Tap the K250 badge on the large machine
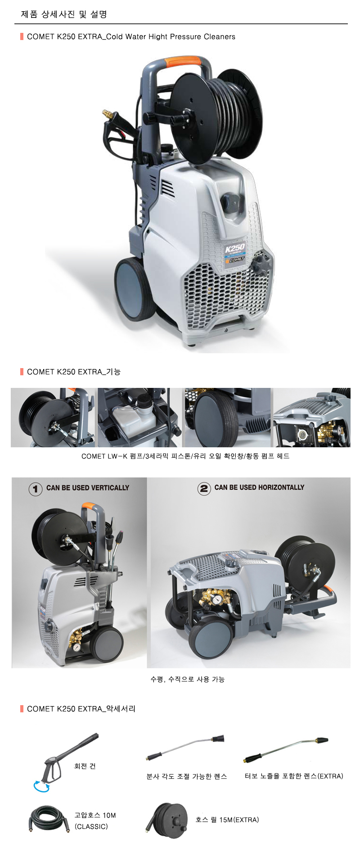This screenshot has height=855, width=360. click(x=235, y=248)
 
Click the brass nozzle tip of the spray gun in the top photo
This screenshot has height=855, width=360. click(x=107, y=112)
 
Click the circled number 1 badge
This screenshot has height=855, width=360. click(x=36, y=489)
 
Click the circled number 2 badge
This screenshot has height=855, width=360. click(x=204, y=488)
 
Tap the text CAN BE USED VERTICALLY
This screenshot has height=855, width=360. click(x=88, y=488)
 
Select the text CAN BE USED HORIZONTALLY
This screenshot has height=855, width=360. click(x=259, y=487)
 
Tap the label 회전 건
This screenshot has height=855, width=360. click(x=85, y=766)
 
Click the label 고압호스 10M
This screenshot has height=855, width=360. click(x=95, y=815)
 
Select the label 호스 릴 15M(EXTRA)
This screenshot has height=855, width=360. click(x=227, y=819)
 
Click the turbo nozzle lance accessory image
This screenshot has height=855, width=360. click(x=286, y=749)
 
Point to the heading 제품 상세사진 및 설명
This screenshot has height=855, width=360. click(x=64, y=14)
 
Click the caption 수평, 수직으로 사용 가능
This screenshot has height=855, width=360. click(x=188, y=679)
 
